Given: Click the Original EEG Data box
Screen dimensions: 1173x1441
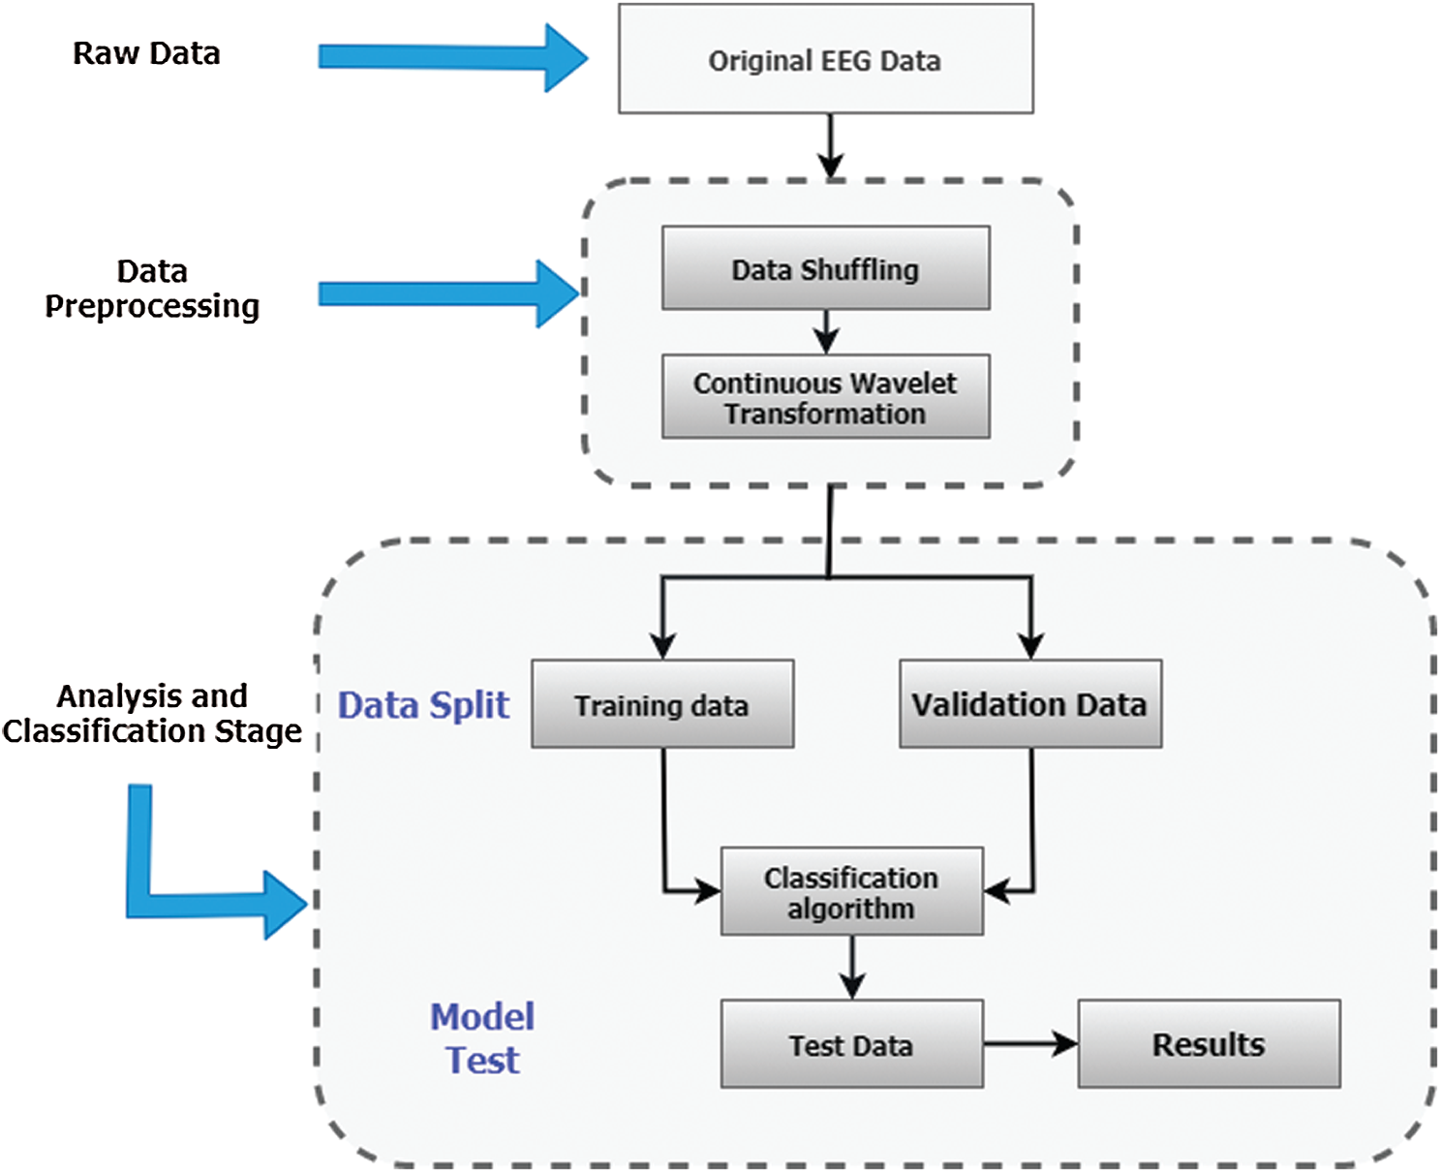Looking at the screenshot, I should tap(825, 59).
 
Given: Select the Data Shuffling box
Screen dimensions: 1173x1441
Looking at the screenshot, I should tap(825, 268).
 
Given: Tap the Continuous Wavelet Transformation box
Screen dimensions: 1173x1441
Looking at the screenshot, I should tap(825, 397).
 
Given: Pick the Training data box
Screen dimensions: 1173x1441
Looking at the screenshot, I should tap(662, 704).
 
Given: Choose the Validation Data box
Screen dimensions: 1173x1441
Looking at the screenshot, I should tap(1030, 704).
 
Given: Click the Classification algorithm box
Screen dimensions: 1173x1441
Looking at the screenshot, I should tap(851, 891).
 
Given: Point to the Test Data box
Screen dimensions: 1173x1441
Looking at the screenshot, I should tap(851, 1044).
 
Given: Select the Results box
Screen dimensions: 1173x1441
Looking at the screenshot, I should tap(1209, 1044).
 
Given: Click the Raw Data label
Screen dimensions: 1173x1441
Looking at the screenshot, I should tap(146, 53).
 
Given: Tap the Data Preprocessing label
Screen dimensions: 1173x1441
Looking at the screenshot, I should tap(152, 289).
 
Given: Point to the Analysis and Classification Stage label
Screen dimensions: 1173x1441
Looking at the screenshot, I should tap(152, 713).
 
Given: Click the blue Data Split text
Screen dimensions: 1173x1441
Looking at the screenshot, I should tap(423, 705).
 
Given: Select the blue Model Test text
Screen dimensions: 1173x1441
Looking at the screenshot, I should tap(482, 1038).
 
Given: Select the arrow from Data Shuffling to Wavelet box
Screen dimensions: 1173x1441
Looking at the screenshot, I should tap(826, 331).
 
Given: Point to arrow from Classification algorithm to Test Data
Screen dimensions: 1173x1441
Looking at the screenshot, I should tap(851, 967).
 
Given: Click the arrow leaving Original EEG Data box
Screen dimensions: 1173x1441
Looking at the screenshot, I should tap(830, 145).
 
